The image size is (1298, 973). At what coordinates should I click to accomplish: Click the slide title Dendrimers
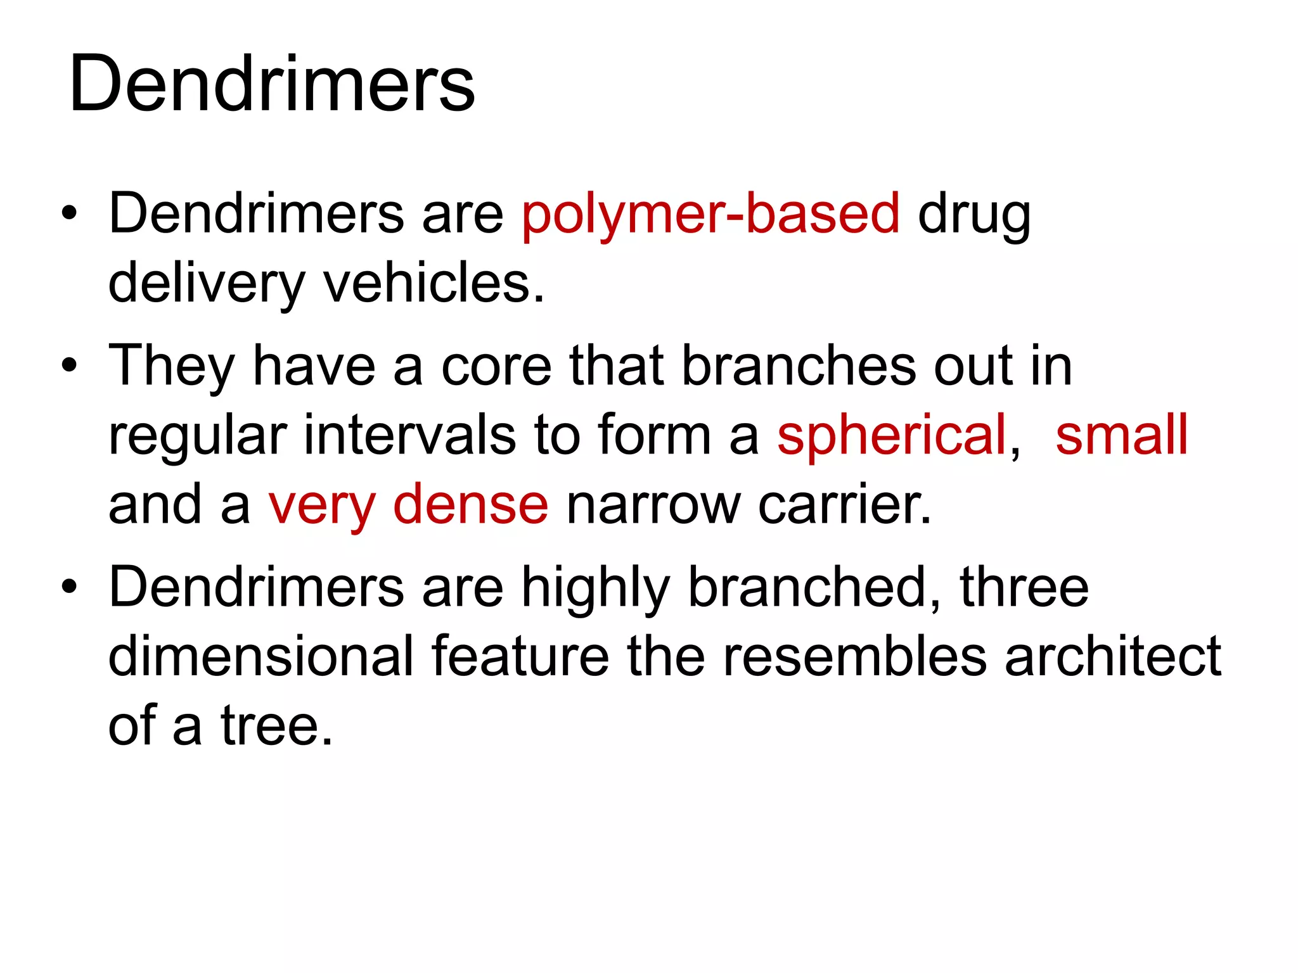pos(272,84)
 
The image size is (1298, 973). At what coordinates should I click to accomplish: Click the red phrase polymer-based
pos(710,214)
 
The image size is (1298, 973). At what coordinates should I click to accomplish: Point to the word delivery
pos(207,284)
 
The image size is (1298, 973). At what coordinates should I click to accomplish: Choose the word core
pos(496,366)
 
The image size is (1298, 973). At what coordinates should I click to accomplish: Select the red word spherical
pos(892,436)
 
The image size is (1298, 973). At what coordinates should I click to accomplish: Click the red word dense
pos(470,504)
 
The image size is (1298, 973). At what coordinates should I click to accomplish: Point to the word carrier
pos(844,504)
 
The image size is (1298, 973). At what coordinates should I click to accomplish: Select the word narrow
pos(653,506)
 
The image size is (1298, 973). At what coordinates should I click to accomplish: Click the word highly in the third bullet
pos(595,588)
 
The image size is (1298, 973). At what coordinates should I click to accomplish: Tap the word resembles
pos(854,656)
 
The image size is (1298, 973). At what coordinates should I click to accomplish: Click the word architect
pos(1112,656)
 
